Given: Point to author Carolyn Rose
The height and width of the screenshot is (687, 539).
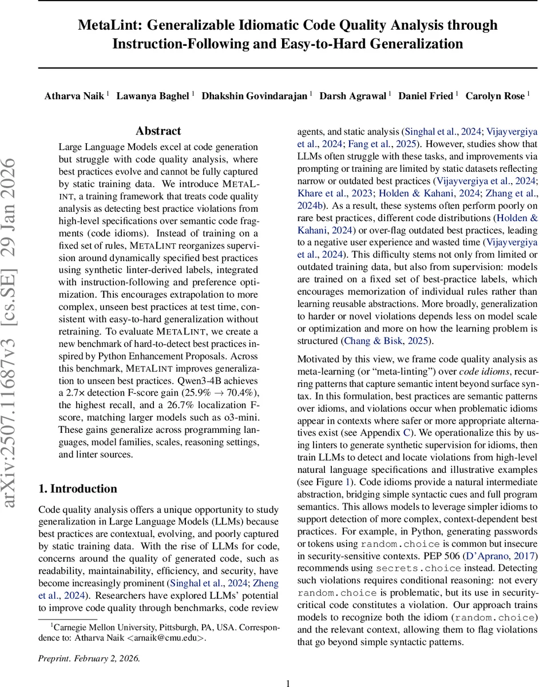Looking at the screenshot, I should click(x=496, y=96).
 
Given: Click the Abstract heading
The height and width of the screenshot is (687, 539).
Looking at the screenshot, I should click(x=158, y=131).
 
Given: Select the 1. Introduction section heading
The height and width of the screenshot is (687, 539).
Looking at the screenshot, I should click(x=77, y=488).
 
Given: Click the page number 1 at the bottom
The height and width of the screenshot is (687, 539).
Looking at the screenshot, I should click(x=288, y=682).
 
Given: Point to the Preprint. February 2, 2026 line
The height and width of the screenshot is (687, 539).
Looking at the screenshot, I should click(x=89, y=658).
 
